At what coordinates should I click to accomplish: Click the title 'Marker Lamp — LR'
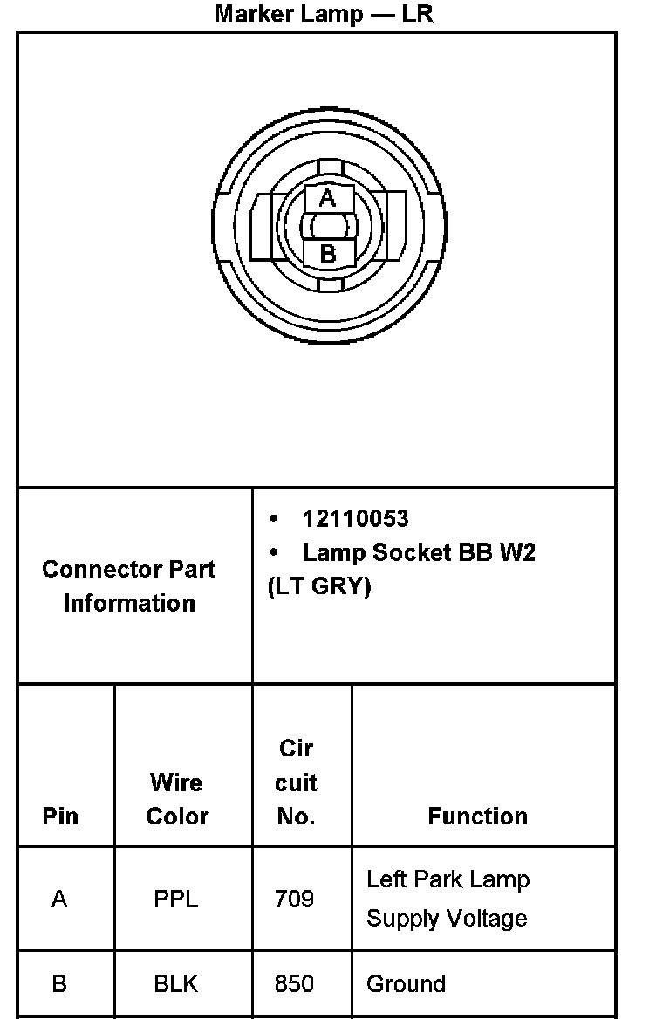click(324, 15)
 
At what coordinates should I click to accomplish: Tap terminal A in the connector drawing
click(327, 198)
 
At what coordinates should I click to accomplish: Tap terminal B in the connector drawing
click(328, 255)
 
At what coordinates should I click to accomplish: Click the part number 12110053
click(355, 519)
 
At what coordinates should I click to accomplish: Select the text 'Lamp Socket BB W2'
click(418, 553)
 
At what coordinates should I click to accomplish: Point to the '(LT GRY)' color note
click(319, 587)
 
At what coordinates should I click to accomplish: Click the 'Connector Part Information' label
click(129, 585)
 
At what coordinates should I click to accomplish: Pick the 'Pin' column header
click(60, 817)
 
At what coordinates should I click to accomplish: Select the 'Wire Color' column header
click(177, 799)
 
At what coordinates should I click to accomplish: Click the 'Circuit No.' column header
click(296, 783)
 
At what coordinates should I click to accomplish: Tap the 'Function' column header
click(477, 817)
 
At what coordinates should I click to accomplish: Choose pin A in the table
click(59, 899)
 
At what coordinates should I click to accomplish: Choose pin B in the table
click(59, 984)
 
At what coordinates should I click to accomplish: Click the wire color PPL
click(176, 899)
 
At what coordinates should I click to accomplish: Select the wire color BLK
click(176, 984)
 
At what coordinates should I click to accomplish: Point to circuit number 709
click(294, 899)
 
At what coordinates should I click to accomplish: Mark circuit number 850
click(294, 984)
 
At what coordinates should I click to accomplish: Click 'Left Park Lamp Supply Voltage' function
click(448, 899)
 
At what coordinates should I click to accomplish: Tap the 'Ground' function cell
click(406, 984)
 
